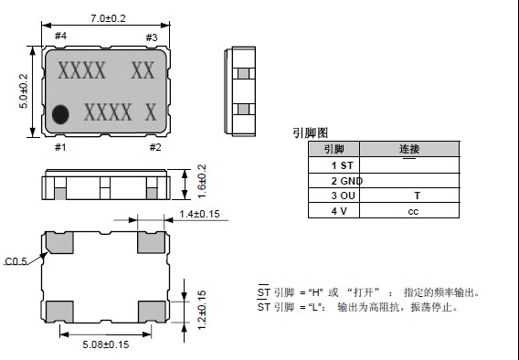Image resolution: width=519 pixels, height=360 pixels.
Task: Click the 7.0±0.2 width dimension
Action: pos(108,18)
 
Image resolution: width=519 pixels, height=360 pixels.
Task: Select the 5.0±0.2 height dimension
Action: pos(24,91)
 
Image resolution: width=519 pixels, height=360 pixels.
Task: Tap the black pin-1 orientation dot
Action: pos(60,114)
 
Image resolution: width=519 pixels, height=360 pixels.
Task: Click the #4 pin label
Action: pos(60,36)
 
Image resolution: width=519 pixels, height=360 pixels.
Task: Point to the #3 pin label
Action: pos(152,37)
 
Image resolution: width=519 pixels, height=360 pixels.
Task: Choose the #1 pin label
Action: pos(60,147)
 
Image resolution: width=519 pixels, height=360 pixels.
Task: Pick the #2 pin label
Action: pos(155,147)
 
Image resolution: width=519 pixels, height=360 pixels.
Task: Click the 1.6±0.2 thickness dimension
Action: pos(202,181)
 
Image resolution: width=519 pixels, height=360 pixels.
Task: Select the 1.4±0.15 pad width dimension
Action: pos(199,214)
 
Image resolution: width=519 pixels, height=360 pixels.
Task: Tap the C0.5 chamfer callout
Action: pos(16,261)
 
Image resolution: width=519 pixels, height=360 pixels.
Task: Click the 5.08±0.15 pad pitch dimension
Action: pos(106,344)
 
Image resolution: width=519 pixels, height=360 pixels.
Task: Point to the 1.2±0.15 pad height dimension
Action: pos(202,310)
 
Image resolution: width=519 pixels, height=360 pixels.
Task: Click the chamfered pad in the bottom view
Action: pos(59,242)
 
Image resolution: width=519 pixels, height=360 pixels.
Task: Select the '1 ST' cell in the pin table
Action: pos(334,165)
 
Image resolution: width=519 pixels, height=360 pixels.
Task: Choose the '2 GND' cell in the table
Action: pos(334,181)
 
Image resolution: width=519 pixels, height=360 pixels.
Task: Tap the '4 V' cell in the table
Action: pos(334,211)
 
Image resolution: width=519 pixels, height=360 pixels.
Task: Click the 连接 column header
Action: pos(409,149)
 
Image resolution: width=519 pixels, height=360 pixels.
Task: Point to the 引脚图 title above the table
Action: pos(310,133)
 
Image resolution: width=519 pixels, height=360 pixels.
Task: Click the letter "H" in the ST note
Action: pos(315,292)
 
